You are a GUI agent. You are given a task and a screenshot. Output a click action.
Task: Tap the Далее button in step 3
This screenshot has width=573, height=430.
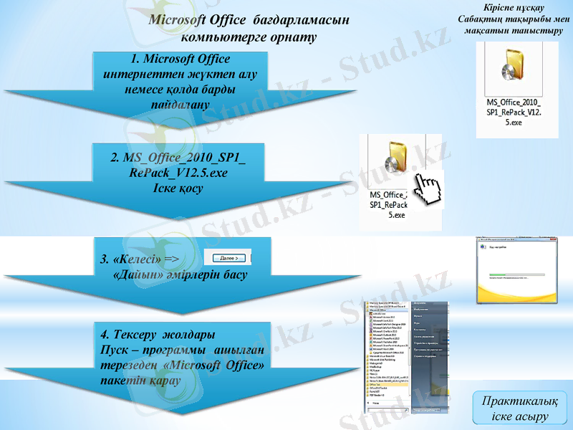click(225, 257)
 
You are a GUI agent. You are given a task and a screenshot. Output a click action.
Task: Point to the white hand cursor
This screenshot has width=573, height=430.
click(430, 190)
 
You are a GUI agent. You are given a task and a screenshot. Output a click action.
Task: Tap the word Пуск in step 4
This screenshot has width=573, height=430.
click(115, 350)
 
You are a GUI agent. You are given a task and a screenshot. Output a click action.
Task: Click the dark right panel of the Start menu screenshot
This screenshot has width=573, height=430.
click(429, 337)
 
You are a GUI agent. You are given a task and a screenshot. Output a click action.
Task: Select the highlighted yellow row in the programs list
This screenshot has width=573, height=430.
click(387, 384)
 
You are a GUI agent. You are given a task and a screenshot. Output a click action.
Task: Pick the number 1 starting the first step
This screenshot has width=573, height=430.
click(135, 58)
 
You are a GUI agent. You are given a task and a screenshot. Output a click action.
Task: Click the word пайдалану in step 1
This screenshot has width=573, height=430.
click(179, 105)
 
